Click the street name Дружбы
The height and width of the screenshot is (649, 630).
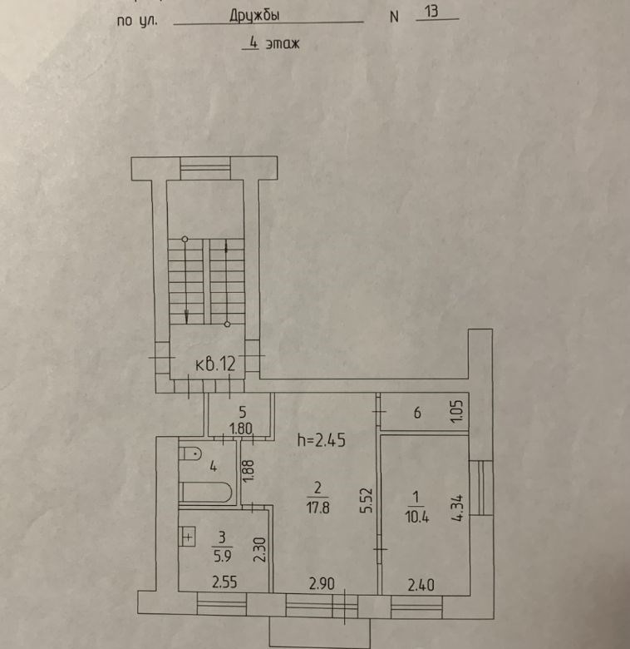pos(254,15)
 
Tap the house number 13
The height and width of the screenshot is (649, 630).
pos(431,11)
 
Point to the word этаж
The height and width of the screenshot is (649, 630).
pos(283,43)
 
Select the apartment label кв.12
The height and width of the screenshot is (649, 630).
pos(215,364)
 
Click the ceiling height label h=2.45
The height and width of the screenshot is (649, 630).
pos(321,440)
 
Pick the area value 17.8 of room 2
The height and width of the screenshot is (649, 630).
pos(317,508)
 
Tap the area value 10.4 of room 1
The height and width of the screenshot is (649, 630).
pos(417,517)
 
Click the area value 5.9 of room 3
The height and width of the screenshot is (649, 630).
pos(223,556)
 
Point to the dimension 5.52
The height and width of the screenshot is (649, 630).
pos(367,501)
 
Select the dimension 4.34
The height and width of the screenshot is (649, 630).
pos(457,508)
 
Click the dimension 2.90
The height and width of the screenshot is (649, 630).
pos(322,583)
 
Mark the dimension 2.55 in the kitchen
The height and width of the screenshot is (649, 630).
pos(224,582)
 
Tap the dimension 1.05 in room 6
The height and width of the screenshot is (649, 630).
pos(457,411)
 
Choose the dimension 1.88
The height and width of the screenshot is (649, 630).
pos(248,472)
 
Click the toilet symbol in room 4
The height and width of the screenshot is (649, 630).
pos(189,453)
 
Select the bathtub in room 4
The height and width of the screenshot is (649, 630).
pos(205,493)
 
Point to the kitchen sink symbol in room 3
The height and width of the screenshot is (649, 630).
pos(188,537)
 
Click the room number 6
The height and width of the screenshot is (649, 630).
pos(417,413)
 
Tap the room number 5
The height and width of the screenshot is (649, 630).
pos(242,412)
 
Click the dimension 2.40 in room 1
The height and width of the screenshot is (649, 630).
pos(421,585)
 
